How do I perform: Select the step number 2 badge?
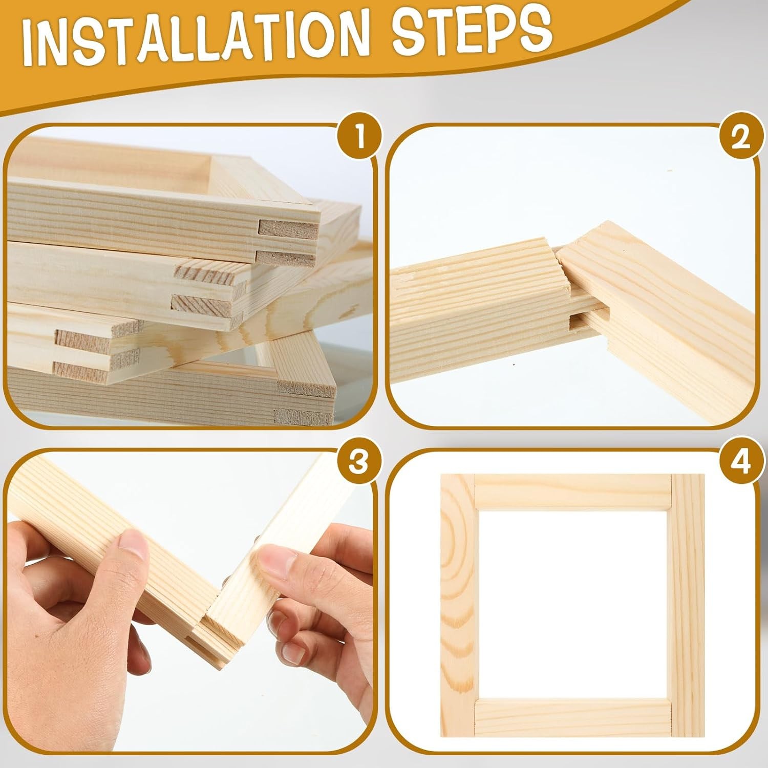point(741,139)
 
